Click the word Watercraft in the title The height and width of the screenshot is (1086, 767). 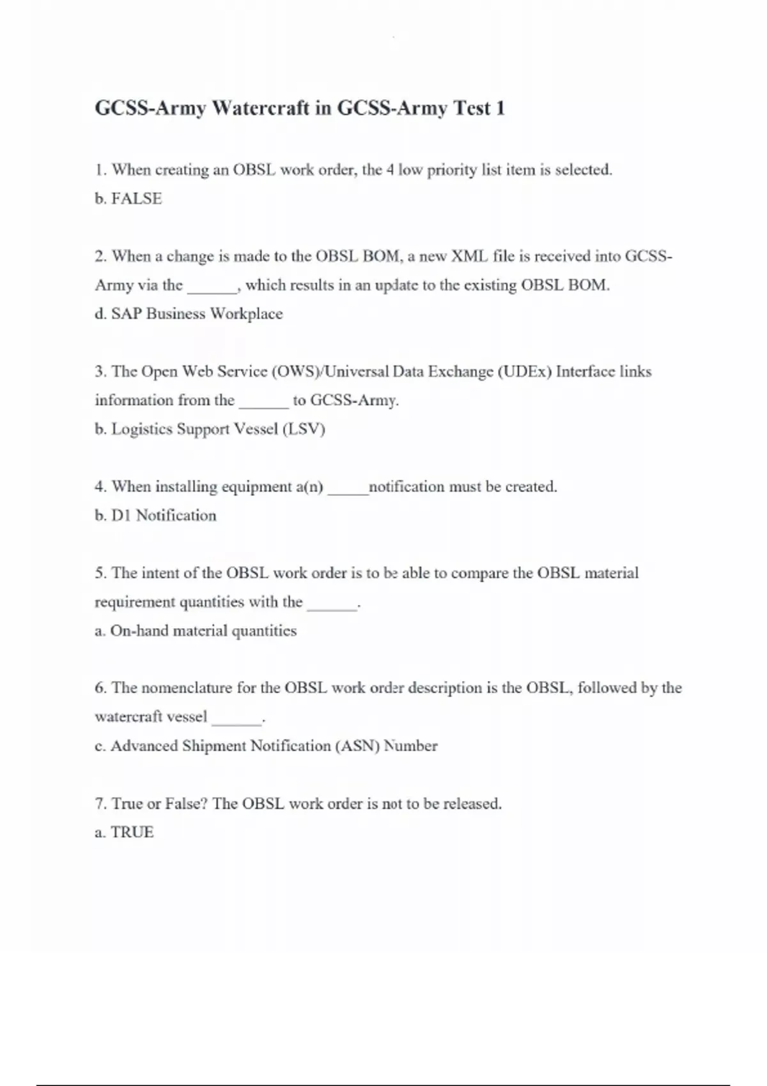[x=260, y=108]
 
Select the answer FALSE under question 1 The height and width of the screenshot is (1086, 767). [x=136, y=199]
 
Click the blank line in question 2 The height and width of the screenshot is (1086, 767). [x=212, y=289]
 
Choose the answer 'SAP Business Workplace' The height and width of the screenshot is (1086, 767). [x=196, y=314]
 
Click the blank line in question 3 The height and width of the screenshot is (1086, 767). [x=263, y=404]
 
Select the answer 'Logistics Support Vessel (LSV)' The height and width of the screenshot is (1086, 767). [x=218, y=429]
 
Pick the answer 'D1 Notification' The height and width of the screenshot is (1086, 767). [x=164, y=516]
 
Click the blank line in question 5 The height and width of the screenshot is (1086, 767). [x=332, y=606]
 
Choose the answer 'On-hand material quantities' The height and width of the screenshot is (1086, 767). [x=203, y=631]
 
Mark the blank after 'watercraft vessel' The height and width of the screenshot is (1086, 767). [x=236, y=721]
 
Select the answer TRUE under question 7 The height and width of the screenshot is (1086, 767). [x=132, y=832]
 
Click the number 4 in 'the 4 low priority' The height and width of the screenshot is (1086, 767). [x=390, y=170]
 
